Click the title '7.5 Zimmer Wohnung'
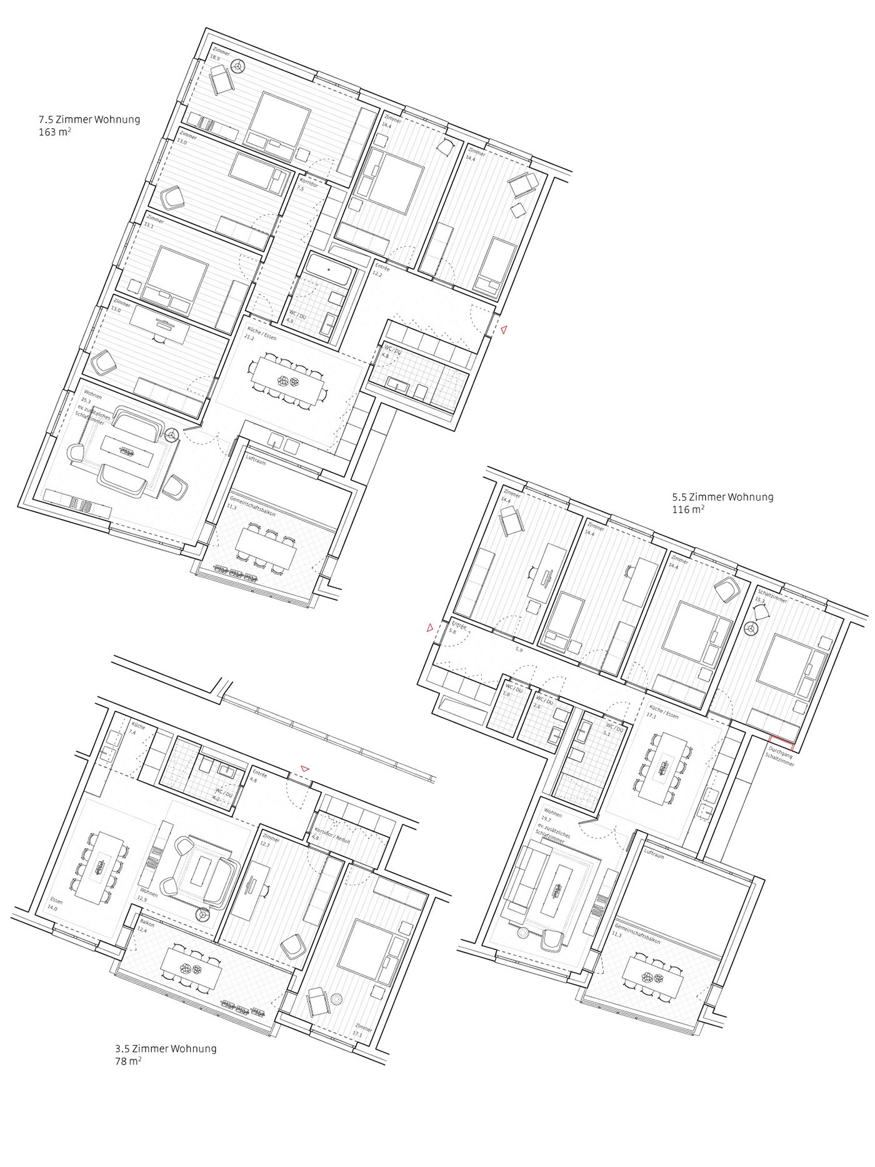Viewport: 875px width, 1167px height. point(89,119)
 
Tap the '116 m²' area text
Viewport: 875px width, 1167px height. point(688,510)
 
